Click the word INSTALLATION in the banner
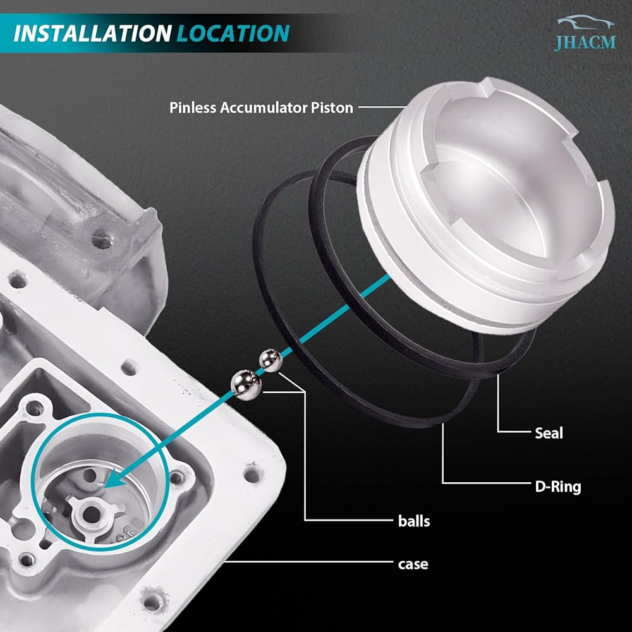click(x=93, y=33)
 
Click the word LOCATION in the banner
click(x=233, y=33)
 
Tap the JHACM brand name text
click(x=585, y=42)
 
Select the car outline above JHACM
click(x=586, y=22)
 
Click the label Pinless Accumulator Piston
click(x=261, y=107)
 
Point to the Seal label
click(x=549, y=434)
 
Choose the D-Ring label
click(x=558, y=487)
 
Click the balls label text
click(x=414, y=521)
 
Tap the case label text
click(x=413, y=564)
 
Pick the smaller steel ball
click(x=270, y=361)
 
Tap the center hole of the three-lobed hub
click(x=91, y=513)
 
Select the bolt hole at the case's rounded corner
click(x=252, y=476)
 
